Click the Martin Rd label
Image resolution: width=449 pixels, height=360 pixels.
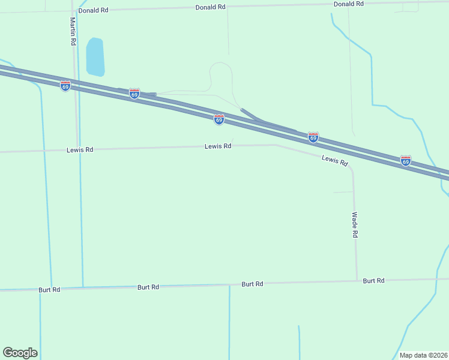pyautogui.click(x=72, y=32)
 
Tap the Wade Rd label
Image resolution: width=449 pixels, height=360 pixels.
pyautogui.click(x=355, y=225)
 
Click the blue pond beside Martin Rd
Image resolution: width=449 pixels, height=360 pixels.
pyautogui.click(x=95, y=56)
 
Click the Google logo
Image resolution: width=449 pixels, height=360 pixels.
pyautogui.click(x=20, y=353)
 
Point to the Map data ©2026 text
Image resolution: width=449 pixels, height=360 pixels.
pyautogui.click(x=423, y=355)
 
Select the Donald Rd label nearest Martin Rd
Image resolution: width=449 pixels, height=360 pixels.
pyautogui.click(x=93, y=10)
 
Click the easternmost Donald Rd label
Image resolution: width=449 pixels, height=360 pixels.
pyautogui.click(x=349, y=4)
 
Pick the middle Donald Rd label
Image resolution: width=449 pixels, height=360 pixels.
pyautogui.click(x=210, y=7)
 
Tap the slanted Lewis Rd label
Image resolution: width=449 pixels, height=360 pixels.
pyautogui.click(x=335, y=160)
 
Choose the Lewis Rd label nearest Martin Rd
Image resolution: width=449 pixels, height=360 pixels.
pyautogui.click(x=80, y=149)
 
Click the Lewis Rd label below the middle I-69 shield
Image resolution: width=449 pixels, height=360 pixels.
pyautogui.click(x=218, y=146)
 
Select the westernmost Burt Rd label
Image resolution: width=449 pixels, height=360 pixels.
pyautogui.click(x=48, y=290)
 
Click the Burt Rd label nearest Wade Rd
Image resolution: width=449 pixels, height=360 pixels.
pyautogui.click(x=373, y=280)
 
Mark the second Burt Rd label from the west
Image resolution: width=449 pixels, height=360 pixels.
pyautogui.click(x=148, y=287)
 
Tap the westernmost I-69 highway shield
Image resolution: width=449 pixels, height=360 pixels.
pyautogui.click(x=65, y=86)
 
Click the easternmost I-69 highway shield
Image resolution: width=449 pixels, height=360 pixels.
pyautogui.click(x=406, y=161)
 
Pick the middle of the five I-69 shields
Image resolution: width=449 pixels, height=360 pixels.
pyautogui.click(x=219, y=119)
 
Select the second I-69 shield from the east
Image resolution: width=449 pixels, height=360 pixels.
pyautogui.click(x=313, y=137)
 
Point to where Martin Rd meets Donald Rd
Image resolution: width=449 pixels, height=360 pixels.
pyautogui.click(x=73, y=11)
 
